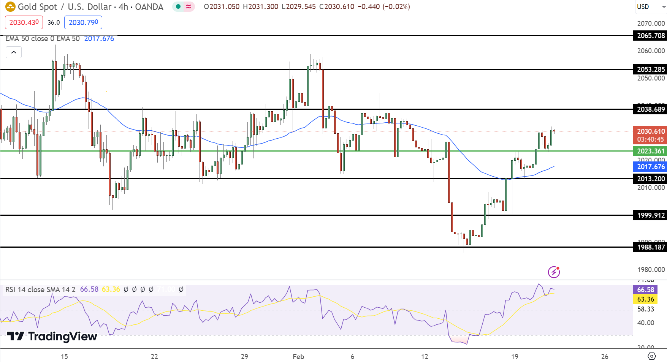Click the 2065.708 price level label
tap(651, 36)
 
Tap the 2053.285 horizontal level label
tap(651, 70)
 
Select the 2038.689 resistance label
tap(651, 109)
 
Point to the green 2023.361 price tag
tap(651, 151)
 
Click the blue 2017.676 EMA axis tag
tap(651, 167)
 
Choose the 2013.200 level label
tap(651, 179)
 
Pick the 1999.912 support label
tap(651, 215)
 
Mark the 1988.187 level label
tap(651, 247)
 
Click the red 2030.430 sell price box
tap(24, 22)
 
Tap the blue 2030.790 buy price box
tap(83, 22)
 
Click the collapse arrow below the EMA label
tap(14, 52)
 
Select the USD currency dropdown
tap(650, 7)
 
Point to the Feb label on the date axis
tap(298, 357)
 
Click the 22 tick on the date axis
tap(154, 357)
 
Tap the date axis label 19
tap(515, 357)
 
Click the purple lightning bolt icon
tap(554, 272)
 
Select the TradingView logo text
tap(52, 337)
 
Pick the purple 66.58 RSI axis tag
tap(645, 290)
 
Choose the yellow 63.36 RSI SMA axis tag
tap(645, 299)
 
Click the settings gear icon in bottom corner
tap(651, 356)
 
